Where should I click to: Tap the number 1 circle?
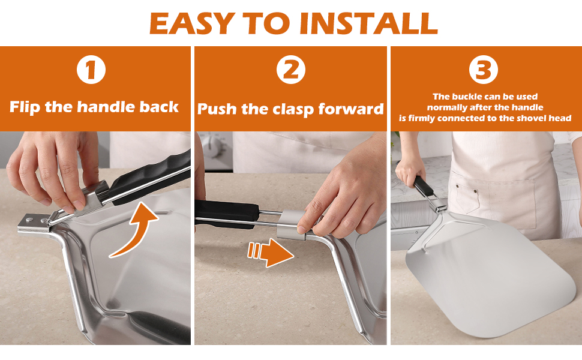click(91, 70)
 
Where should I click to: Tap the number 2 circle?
click(290, 70)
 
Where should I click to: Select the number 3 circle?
click(484, 70)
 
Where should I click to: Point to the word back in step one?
click(159, 107)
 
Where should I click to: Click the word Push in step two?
click(217, 109)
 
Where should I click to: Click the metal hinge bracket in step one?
click(36, 223)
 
